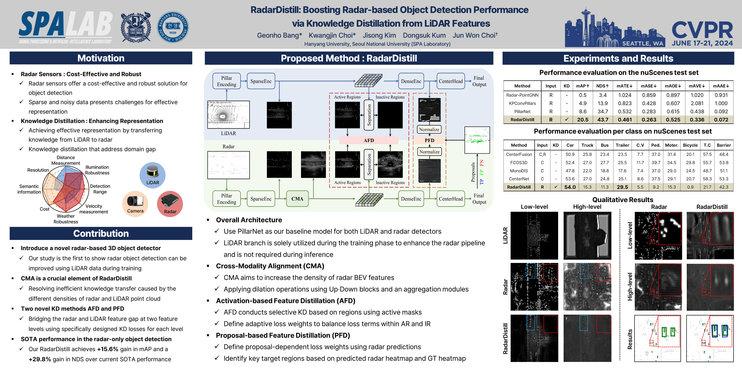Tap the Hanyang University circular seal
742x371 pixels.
click(173, 27)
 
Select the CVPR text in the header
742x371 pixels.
click(702, 30)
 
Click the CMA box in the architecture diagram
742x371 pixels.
click(297, 199)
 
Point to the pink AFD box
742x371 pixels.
click(369, 140)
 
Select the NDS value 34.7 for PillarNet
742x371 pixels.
click(603, 111)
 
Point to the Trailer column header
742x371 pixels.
click(622, 145)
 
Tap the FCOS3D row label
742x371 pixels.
click(519, 162)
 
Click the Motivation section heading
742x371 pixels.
click(101, 58)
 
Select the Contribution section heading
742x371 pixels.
click(101, 233)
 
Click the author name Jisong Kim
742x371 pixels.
click(379, 35)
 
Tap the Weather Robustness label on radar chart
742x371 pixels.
click(66, 219)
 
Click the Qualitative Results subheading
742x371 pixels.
click(623, 200)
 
